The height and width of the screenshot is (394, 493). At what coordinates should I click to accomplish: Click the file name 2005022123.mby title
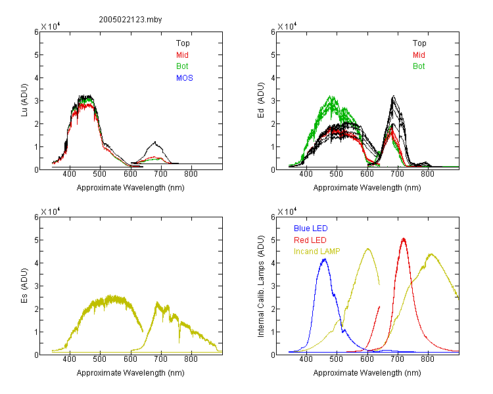click(x=130, y=20)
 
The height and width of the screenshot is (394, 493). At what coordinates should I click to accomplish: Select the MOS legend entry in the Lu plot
click(x=185, y=78)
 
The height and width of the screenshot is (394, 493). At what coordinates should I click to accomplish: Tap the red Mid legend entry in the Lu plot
click(x=182, y=55)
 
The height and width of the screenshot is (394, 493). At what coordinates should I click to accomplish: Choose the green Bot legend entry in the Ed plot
click(x=419, y=66)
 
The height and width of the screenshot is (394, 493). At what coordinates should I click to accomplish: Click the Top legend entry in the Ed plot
click(x=419, y=43)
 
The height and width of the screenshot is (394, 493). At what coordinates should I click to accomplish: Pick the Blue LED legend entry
click(x=311, y=229)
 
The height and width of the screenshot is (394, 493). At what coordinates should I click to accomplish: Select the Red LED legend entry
click(x=310, y=240)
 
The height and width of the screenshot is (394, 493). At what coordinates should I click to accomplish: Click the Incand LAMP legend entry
click(x=317, y=252)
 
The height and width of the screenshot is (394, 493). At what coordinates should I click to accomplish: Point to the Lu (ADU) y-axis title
click(x=24, y=100)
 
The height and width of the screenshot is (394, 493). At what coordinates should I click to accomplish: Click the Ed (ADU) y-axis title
click(x=261, y=100)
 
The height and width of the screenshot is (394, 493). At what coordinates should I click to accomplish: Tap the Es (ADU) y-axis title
click(x=24, y=286)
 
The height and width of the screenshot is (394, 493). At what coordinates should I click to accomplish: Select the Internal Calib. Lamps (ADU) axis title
click(x=261, y=286)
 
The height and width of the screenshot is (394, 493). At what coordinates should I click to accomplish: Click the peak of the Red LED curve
click(x=404, y=239)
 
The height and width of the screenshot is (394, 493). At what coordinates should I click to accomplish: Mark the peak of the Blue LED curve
click(x=325, y=259)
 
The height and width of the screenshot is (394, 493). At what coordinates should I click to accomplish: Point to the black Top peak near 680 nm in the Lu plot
click(x=155, y=142)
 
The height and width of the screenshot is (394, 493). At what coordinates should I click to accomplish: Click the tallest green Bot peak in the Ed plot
click(x=331, y=96)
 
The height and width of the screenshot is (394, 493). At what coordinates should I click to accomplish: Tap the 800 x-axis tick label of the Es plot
click(x=191, y=359)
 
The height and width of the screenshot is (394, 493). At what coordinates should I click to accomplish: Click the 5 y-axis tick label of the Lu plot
click(x=36, y=55)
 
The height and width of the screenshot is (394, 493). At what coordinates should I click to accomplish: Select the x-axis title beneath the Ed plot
click(x=367, y=188)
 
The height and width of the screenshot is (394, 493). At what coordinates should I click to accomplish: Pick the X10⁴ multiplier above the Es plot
click(x=50, y=211)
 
